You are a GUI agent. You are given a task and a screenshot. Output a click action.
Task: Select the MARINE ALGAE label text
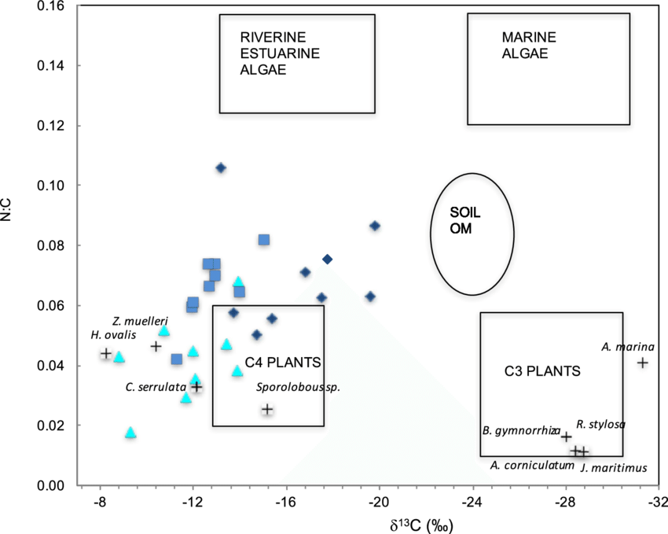[529, 46]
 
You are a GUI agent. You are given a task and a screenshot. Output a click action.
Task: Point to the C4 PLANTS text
[282, 363]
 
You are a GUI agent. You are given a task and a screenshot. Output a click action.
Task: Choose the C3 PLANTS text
[541, 371]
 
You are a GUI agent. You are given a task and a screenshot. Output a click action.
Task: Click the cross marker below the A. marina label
[643, 363]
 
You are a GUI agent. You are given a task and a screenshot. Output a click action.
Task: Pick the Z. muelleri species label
[140, 320]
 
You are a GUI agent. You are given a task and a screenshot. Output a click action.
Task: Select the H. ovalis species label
[113, 335]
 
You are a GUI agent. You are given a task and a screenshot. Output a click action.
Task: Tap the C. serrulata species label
[156, 387]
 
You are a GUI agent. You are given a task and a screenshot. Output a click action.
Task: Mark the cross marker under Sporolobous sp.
[267, 409]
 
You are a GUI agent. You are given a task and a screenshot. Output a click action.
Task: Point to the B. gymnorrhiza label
[521, 431]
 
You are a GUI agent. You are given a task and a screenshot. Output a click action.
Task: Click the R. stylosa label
[600, 425]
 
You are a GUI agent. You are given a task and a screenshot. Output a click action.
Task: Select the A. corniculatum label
[532, 465]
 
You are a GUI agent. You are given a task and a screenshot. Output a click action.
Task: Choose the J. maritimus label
[614, 468]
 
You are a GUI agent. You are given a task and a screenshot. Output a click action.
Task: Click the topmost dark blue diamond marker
[221, 168]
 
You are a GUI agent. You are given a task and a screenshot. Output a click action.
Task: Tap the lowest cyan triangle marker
[130, 433]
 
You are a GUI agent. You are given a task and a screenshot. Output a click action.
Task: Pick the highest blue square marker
[264, 240]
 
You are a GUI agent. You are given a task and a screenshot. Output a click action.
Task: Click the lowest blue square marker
[177, 359]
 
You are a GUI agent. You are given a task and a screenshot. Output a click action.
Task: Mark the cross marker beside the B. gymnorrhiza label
[566, 436]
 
